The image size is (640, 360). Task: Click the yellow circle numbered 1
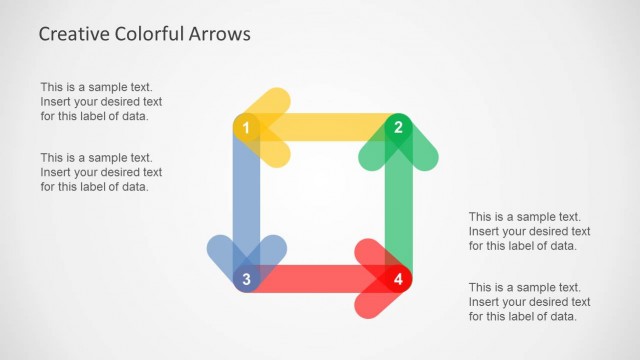[246, 127]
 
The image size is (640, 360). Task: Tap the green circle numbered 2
[398, 127]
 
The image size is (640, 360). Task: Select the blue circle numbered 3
[246, 279]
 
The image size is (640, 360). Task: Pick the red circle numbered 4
[398, 279]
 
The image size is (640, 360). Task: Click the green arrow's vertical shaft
[398, 210]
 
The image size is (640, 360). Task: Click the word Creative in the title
[73, 34]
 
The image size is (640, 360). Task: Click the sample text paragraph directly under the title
[101, 101]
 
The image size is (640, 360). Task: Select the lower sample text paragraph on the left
[101, 172]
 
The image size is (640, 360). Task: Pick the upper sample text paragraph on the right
[529, 230]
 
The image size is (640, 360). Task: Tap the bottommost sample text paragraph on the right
[529, 301]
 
